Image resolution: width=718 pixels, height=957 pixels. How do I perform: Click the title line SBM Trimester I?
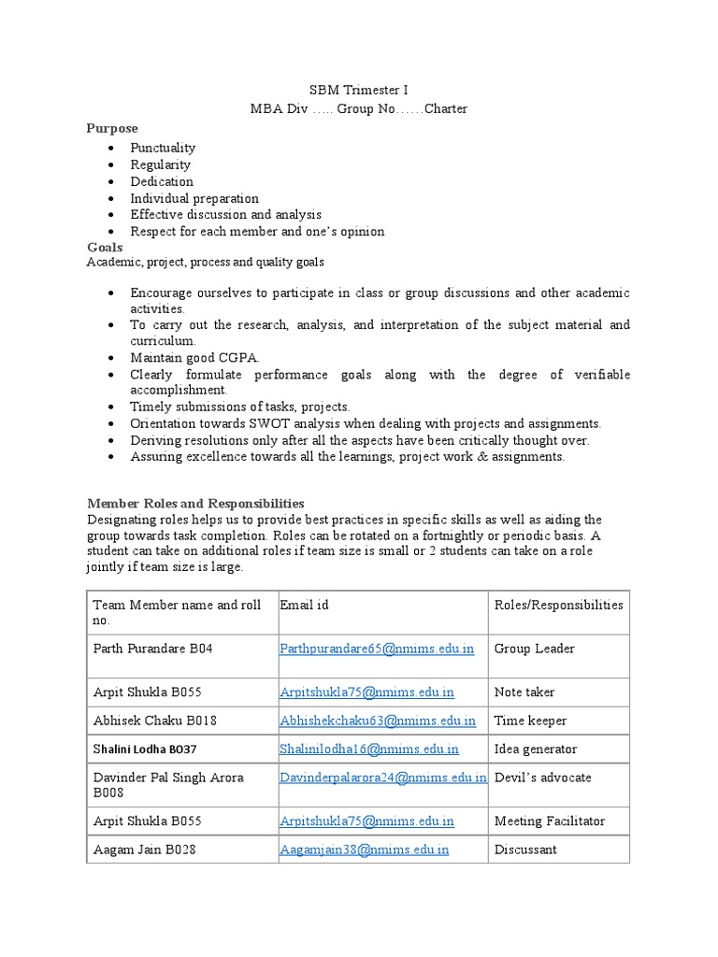pos(359,91)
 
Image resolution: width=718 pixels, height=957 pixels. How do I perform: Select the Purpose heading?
pos(112,128)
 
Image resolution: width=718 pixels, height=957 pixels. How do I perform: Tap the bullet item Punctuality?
pos(163,148)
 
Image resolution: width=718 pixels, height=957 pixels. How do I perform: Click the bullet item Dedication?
pos(162,181)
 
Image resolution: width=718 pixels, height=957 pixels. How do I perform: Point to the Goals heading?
pos(105,248)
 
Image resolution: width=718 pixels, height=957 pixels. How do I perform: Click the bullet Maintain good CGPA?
pos(194,358)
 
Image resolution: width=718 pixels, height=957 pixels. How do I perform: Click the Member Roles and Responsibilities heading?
pos(195,504)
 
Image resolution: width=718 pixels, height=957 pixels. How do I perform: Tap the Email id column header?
pos(304,605)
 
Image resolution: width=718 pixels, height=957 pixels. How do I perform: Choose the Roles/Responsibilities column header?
pos(558,605)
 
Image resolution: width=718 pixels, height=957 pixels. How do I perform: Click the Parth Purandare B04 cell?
pos(153,649)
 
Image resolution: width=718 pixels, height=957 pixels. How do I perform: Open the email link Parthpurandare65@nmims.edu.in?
pos(377,649)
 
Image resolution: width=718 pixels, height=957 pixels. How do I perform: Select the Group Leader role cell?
pos(534,649)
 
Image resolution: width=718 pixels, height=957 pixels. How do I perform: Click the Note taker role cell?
pos(524,693)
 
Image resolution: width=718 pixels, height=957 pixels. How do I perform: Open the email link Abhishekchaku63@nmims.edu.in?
pos(378,721)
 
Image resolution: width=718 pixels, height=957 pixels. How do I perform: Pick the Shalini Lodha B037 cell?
pos(145,750)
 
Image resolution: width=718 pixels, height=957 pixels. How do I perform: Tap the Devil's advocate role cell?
pos(542,778)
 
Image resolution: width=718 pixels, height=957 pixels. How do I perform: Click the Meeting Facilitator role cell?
pos(550,821)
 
